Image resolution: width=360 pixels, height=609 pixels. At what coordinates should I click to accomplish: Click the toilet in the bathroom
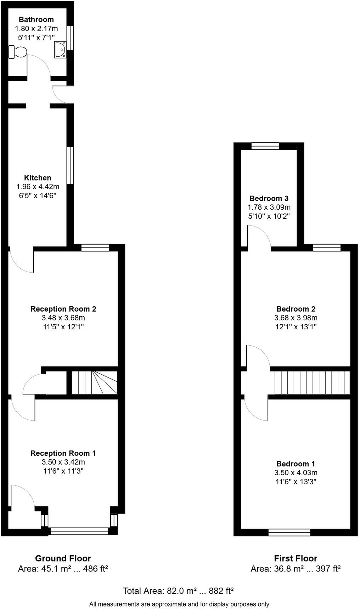click(x=18, y=52)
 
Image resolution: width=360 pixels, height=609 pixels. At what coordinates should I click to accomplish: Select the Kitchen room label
click(x=38, y=178)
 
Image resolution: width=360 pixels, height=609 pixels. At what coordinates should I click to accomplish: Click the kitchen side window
click(x=70, y=165)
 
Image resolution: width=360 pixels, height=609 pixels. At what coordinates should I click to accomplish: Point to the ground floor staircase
click(x=94, y=382)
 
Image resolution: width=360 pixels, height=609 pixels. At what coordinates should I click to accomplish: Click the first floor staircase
click(x=312, y=382)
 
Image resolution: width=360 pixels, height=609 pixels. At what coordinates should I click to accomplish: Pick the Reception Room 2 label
click(x=63, y=309)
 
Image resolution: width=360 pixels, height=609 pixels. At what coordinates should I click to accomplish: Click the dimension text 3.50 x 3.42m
click(x=63, y=462)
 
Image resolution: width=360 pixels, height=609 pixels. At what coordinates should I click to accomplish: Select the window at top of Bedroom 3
click(x=265, y=146)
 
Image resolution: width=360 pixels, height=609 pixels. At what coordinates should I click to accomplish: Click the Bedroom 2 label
click(x=296, y=309)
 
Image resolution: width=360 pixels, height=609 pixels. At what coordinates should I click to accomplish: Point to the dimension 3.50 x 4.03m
click(x=296, y=473)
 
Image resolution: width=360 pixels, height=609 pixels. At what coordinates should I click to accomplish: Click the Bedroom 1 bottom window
click(x=289, y=532)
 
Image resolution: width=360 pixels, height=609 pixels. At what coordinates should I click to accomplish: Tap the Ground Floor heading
click(x=63, y=558)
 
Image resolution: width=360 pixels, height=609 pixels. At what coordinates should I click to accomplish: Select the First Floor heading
click(x=296, y=558)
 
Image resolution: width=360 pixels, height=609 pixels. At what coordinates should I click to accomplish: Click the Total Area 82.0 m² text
click(x=178, y=591)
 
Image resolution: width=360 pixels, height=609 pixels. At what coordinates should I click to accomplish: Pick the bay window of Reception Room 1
click(x=79, y=530)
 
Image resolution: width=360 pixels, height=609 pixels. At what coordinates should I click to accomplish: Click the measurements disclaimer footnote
click(x=179, y=604)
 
